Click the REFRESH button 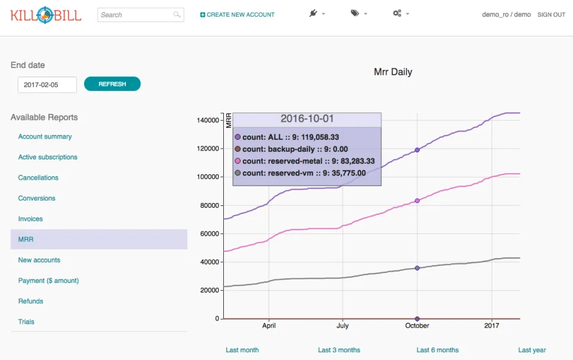[x=112, y=84]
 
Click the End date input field [x=47, y=85]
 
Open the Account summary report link [x=45, y=136]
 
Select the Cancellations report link [x=38, y=178]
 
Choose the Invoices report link [x=30, y=219]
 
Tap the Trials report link [x=26, y=322]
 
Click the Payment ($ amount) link [x=48, y=281]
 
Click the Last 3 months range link [x=339, y=350]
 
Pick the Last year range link [x=532, y=350]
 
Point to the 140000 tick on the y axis [x=208, y=120]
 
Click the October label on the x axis [x=417, y=325]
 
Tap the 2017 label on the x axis [x=491, y=325]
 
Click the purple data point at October [x=417, y=150]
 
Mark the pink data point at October [x=417, y=201]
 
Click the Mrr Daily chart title [x=393, y=72]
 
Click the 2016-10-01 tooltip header [x=307, y=119]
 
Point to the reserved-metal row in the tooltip [x=305, y=161]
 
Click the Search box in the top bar [x=141, y=14]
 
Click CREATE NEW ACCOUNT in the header [x=237, y=14]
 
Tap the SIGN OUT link [x=551, y=14]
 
